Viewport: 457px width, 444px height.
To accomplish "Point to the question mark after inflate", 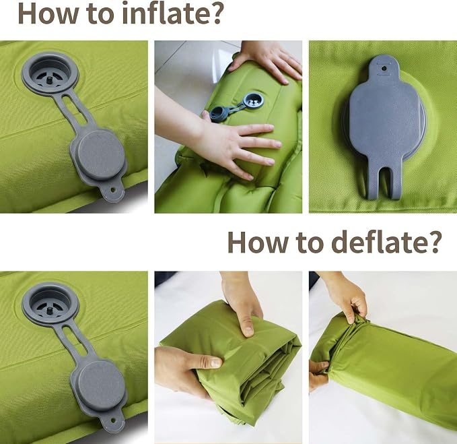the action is (213, 13).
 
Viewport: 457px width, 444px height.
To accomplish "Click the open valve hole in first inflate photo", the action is (50, 73).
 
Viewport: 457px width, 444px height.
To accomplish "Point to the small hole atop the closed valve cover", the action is (384, 69).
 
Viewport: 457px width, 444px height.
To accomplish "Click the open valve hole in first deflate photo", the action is (50, 303).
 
